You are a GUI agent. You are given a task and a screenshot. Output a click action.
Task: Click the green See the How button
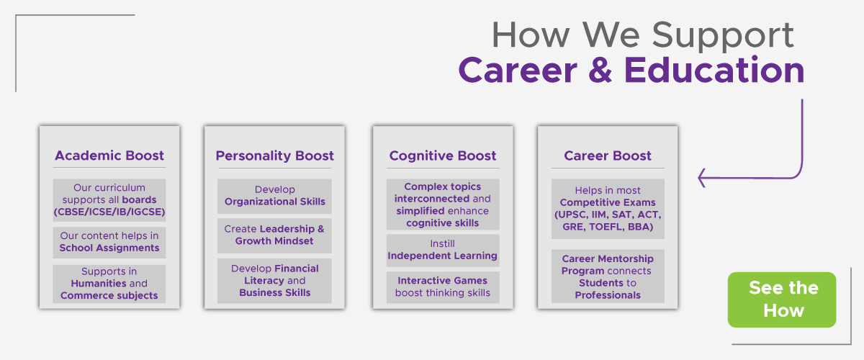782,300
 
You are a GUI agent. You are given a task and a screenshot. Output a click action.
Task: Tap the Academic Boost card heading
109,156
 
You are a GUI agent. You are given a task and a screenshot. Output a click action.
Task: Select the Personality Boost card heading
274,156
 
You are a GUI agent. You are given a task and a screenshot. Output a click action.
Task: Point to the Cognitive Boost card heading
442,156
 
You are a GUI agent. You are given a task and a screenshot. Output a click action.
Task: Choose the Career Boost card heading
608,156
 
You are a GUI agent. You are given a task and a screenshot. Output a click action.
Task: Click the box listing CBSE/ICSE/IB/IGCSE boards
109,200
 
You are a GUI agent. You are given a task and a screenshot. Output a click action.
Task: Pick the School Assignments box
109,243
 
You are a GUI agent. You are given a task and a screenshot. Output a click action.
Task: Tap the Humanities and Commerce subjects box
109,284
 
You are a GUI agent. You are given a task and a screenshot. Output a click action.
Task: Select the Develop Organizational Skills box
274,196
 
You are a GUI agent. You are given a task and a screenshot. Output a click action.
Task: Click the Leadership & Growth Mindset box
274,235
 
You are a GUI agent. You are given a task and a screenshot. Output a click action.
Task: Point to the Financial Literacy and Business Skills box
274,281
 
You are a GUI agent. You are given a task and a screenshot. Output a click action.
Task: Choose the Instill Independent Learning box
443,251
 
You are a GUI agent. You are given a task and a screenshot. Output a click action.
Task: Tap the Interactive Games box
443,287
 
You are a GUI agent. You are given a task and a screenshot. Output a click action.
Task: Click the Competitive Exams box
608,209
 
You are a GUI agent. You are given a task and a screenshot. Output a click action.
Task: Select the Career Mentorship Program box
608,276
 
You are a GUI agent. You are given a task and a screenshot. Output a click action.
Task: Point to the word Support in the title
722,35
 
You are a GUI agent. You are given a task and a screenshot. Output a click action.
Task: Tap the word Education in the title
714,70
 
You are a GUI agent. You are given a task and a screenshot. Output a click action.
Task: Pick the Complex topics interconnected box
443,204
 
